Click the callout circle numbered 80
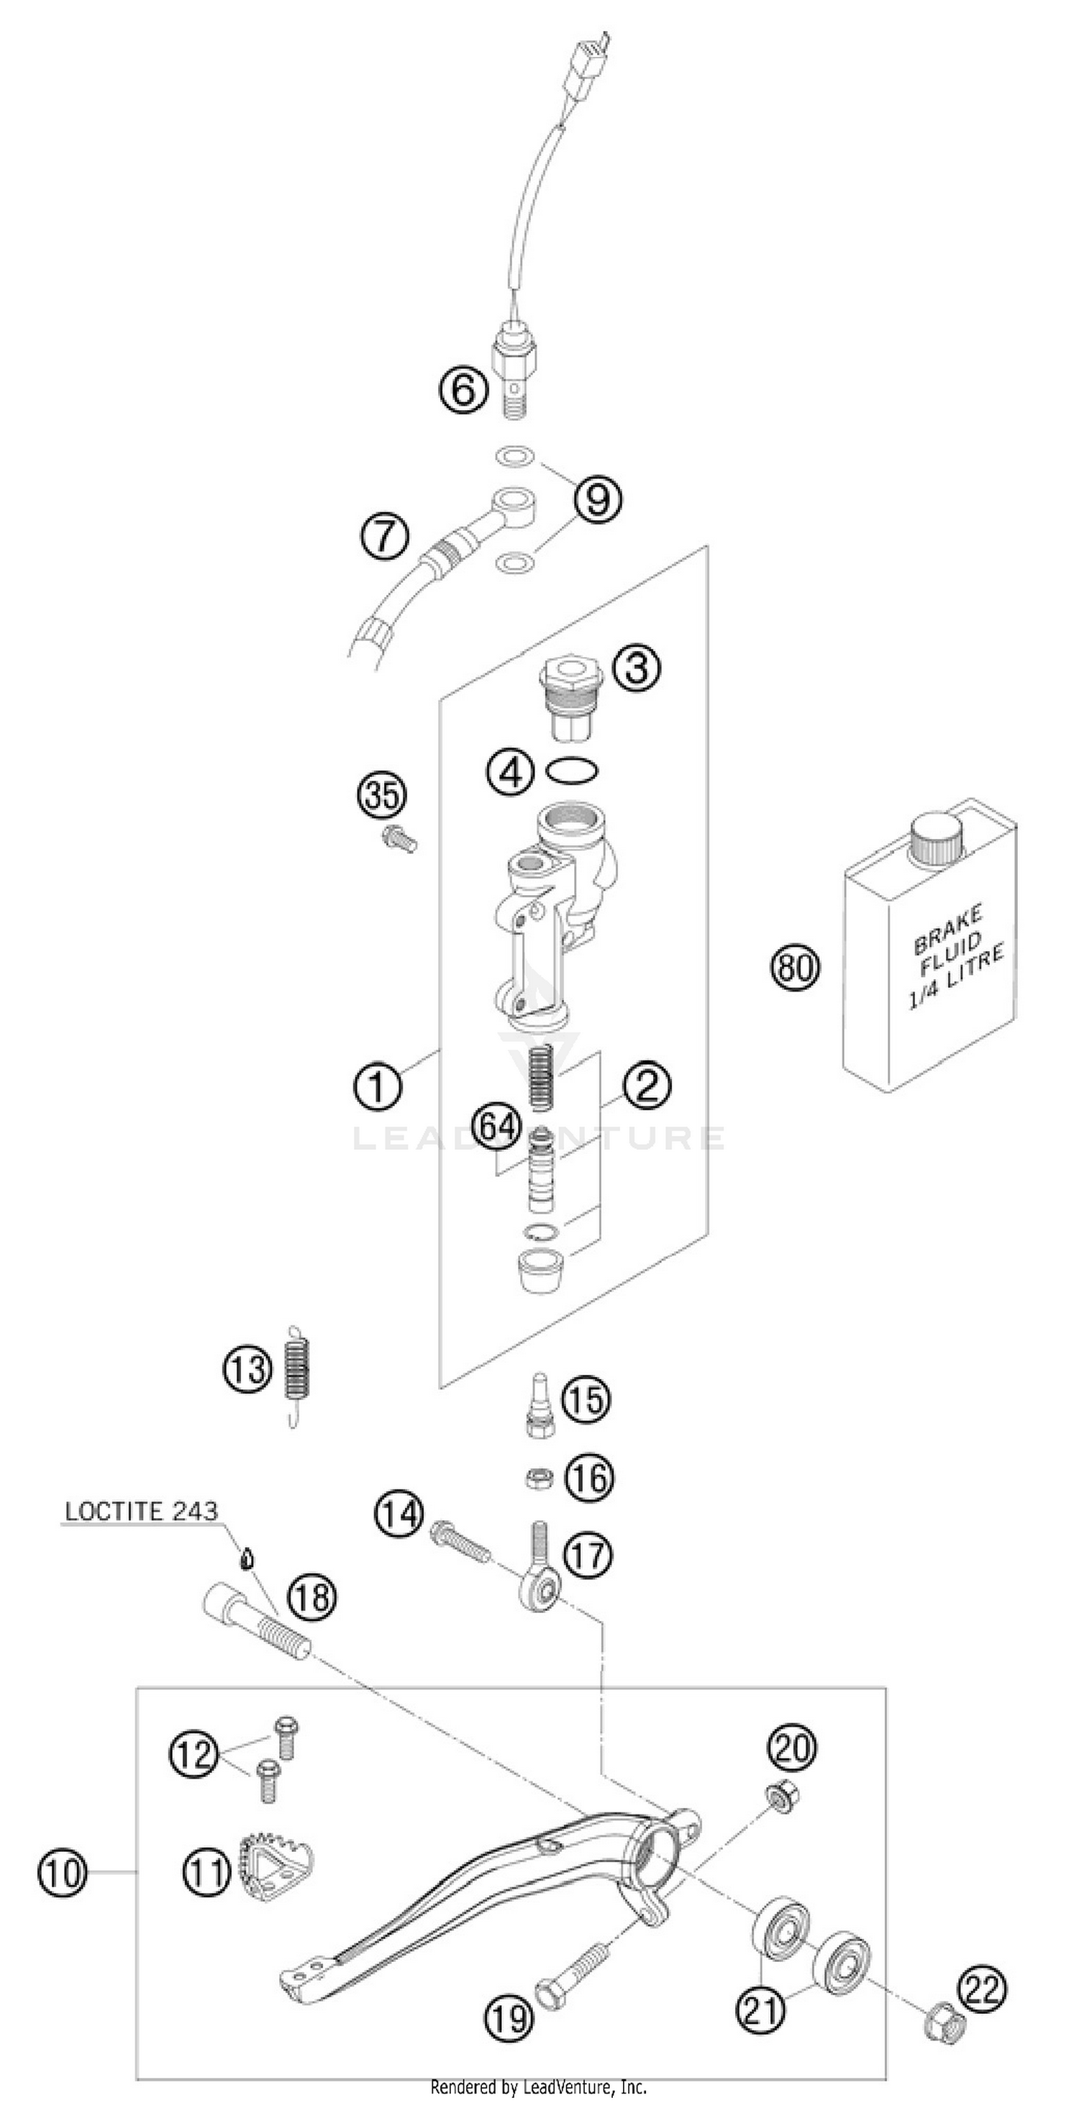(794, 968)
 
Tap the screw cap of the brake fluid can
(937, 838)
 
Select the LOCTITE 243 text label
(141, 1510)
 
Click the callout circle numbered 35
(382, 794)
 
